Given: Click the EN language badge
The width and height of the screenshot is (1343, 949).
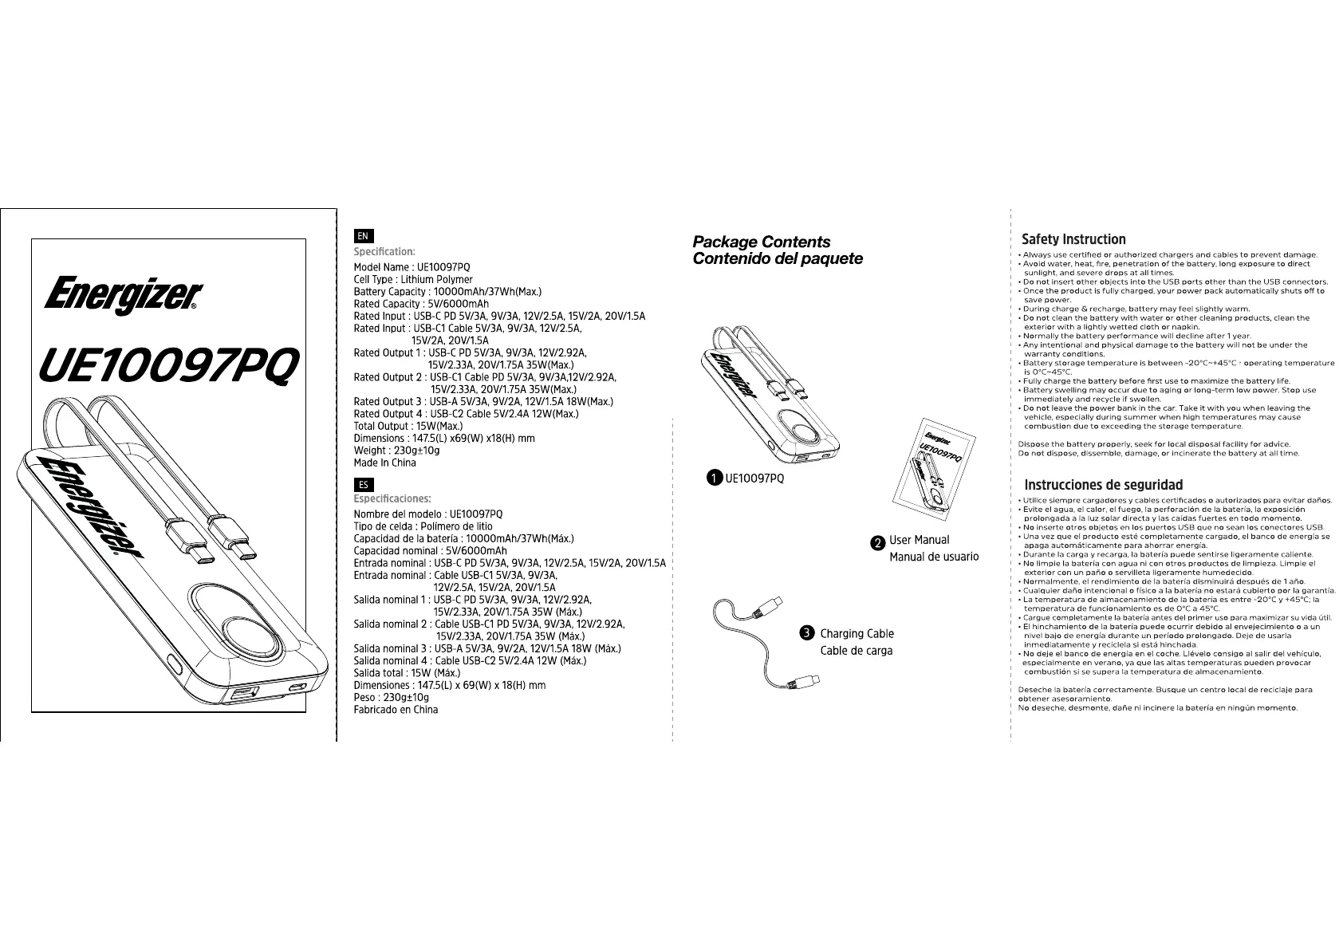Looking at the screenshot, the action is pos(363,236).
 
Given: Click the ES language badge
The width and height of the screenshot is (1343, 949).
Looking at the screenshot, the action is pos(363,484).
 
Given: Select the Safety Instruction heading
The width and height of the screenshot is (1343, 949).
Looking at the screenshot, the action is pos(1073,239).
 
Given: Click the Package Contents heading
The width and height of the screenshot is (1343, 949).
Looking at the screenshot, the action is pos(761,242).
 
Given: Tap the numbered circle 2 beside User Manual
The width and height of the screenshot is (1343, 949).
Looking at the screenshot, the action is pos(877,542).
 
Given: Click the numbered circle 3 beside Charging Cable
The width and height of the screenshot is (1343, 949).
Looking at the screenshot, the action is pos(806,633).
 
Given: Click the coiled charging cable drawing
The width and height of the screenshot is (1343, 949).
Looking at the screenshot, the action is pos(762,643).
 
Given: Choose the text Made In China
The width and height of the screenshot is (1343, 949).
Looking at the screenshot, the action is pos(384,463).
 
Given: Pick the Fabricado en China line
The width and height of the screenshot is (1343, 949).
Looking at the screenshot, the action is pos(396,710).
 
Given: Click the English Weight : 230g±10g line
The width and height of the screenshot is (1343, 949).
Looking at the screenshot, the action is pos(396,451).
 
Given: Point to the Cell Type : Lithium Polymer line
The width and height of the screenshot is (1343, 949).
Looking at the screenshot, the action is pos(413,280).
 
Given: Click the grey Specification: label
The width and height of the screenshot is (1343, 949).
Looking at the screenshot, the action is pos(384,252).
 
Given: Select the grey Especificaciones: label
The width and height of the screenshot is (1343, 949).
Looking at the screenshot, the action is pos(392,499).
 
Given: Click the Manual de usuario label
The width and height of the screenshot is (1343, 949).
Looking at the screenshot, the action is pos(934,557).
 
